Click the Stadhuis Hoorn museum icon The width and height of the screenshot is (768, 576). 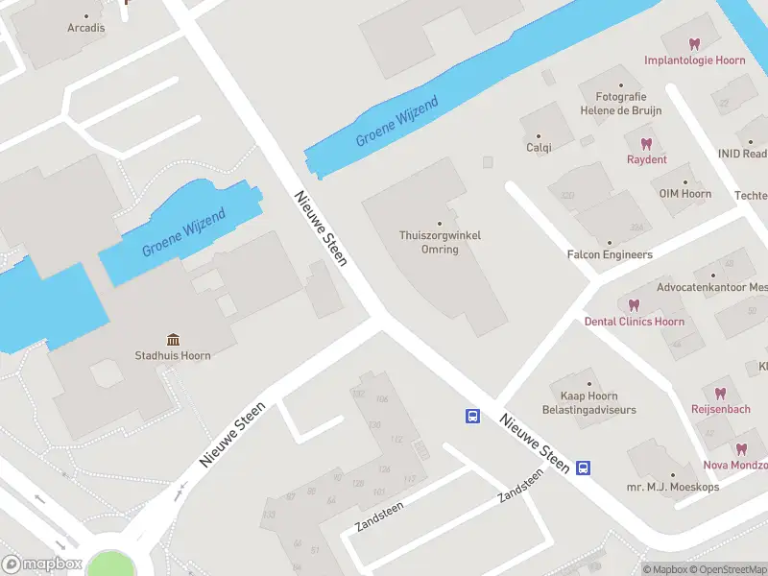(x=173, y=340)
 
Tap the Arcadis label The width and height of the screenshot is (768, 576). (x=86, y=28)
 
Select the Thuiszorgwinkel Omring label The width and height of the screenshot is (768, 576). (x=441, y=242)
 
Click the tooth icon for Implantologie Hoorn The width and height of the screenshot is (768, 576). (x=695, y=44)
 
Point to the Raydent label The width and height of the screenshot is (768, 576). (x=646, y=159)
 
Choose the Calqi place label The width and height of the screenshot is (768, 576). (x=539, y=148)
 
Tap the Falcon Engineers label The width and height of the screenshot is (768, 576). (x=610, y=254)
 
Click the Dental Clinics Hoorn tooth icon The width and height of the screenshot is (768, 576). (x=634, y=305)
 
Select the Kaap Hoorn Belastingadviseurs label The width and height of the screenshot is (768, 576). (x=588, y=402)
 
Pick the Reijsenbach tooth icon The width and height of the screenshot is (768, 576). (x=720, y=393)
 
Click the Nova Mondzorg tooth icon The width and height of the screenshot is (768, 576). (x=741, y=448)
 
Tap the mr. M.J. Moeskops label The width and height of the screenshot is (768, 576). (x=672, y=487)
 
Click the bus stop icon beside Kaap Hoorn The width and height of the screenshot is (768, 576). (x=473, y=416)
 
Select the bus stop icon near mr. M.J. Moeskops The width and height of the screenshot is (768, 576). (x=583, y=468)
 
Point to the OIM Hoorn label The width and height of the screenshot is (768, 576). (x=684, y=194)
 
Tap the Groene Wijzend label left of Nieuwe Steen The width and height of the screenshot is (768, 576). (x=183, y=233)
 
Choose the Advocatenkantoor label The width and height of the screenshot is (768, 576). (x=711, y=287)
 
